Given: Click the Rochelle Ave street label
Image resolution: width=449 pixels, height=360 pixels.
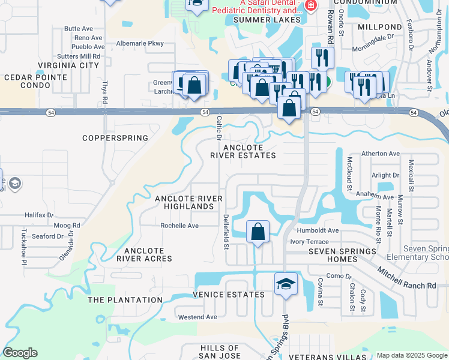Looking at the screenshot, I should [x=179, y=226].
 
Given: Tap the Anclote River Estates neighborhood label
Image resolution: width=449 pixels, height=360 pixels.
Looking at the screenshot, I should [x=243, y=151].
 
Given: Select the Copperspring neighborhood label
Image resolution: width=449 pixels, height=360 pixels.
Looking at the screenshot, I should [x=115, y=138].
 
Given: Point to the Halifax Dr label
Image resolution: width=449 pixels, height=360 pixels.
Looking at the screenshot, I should [x=40, y=215].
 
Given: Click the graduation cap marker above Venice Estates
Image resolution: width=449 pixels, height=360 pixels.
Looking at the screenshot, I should [x=286, y=284].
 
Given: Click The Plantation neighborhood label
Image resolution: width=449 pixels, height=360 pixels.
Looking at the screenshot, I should [x=125, y=299].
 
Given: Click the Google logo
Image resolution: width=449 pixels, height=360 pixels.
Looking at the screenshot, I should [x=20, y=353].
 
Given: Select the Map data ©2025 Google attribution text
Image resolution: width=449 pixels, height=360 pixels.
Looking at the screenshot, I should [x=412, y=355].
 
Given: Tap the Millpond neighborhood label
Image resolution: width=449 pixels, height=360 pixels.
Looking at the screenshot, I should [x=379, y=28].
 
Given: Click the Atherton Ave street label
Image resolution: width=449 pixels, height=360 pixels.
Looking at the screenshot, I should [x=381, y=154].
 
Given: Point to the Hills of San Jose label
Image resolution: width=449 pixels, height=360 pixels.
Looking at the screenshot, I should [x=220, y=352].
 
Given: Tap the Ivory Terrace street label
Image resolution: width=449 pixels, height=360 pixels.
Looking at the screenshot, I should [x=310, y=241].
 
